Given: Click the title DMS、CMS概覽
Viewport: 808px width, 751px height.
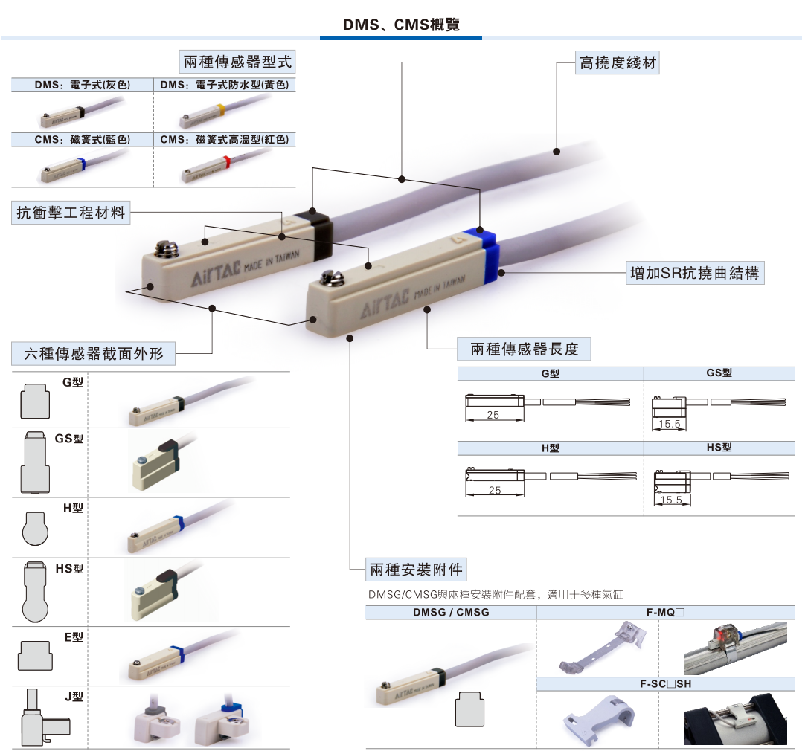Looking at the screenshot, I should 401,25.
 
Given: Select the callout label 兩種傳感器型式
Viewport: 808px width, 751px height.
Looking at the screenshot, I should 237,62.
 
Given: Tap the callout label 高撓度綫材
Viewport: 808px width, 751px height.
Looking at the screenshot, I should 618,63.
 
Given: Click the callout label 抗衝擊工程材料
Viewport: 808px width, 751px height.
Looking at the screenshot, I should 71,213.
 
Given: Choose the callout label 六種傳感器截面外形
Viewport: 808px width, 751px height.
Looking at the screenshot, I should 94,353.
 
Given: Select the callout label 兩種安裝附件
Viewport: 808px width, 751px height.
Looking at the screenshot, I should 416,570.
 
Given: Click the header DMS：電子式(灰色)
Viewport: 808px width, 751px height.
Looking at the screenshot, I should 82,86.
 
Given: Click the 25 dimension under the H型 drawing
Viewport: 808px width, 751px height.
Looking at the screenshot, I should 494,491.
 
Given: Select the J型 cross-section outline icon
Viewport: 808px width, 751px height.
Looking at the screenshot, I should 43,718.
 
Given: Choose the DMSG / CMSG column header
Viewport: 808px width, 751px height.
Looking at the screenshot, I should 451,613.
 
